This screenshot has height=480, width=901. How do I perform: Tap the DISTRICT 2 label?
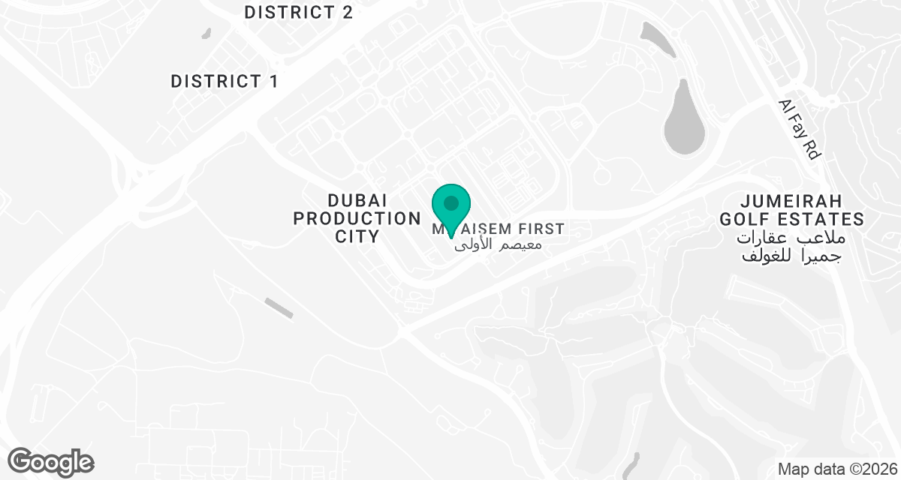[298, 13]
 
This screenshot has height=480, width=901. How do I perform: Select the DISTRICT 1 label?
[224, 82]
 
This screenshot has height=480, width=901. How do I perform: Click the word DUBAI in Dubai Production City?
[357, 201]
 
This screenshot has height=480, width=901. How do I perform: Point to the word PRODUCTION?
[357, 219]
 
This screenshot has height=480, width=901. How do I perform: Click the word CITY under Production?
[357, 237]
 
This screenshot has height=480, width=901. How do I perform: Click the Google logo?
[50, 461]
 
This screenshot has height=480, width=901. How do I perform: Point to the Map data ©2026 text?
[836, 469]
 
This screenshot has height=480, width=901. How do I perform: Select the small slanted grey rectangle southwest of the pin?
[279, 307]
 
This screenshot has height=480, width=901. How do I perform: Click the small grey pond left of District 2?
[206, 33]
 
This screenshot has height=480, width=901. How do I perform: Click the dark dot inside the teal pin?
[451, 202]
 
